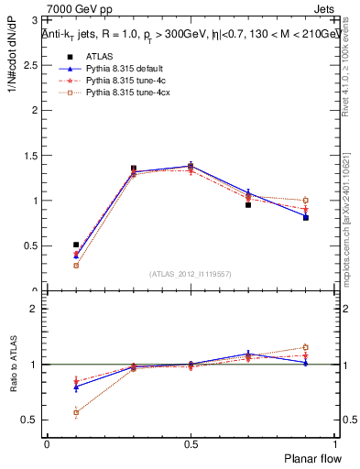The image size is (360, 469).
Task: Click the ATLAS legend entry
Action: click(98, 57)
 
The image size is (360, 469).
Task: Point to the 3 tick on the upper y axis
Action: click(37, 19)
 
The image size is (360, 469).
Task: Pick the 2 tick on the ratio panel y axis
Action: click(37, 309)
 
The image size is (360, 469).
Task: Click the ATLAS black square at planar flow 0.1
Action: click(76, 245)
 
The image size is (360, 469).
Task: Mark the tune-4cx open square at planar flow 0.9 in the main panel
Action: click(305, 200)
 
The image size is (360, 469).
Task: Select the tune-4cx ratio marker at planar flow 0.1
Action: click(76, 412)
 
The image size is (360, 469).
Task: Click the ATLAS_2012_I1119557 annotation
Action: click(191, 274)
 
